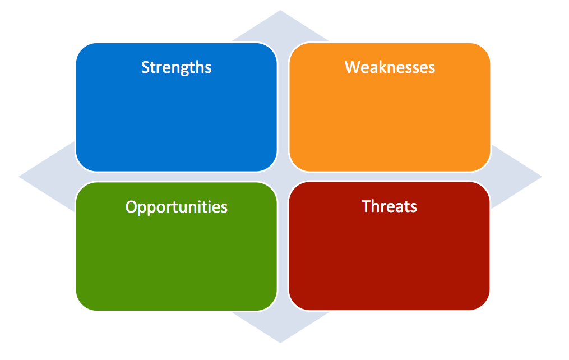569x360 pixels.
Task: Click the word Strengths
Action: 176,68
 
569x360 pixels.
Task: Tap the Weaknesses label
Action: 390,68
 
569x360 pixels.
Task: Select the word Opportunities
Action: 176,207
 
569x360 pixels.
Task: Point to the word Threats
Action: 389,206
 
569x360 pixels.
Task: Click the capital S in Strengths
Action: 145,68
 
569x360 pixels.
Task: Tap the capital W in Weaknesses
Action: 351,68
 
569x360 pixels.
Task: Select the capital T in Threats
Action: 366,206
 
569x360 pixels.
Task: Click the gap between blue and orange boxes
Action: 283,107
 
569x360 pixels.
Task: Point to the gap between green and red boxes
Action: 283,246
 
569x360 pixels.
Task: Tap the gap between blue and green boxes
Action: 176,177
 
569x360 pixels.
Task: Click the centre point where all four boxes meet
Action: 283,177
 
